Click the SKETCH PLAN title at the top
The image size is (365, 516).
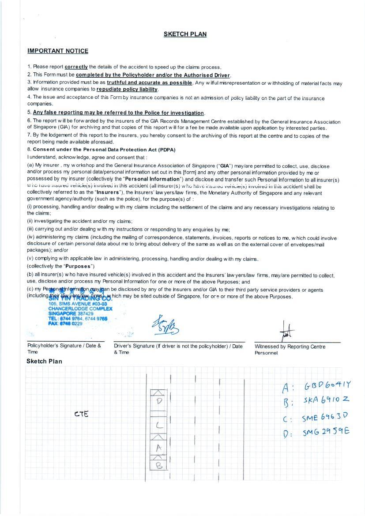pyautogui.click(x=185, y=34)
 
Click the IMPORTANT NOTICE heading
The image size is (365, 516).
pyautogui.click(x=58, y=51)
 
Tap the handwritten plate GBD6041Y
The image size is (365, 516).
pyautogui.click(x=327, y=386)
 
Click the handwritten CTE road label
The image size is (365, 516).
pyautogui.click(x=81, y=414)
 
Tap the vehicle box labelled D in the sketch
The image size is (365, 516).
pyautogui.click(x=159, y=401)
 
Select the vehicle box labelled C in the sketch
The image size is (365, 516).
pyautogui.click(x=159, y=426)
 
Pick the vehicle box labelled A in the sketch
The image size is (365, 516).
pyautogui.click(x=159, y=447)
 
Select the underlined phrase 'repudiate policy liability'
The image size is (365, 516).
pyautogui.click(x=127, y=89)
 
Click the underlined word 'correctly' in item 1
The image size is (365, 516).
pyautogui.click(x=76, y=67)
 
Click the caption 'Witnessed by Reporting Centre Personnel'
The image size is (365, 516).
pyautogui.click(x=290, y=350)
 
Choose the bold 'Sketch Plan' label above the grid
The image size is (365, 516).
pyautogui.click(x=44, y=361)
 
